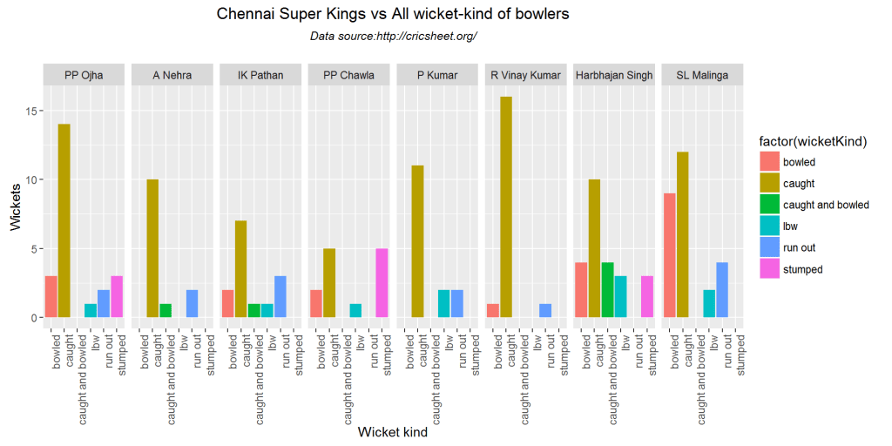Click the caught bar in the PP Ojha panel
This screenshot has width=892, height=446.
64,221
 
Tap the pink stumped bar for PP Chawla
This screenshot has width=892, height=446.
382,283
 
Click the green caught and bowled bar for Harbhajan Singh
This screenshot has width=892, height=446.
607,290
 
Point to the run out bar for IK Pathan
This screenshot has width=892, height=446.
280,297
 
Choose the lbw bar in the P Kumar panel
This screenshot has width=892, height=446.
443,304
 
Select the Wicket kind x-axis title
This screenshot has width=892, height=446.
393,433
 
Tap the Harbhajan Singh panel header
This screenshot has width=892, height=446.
614,75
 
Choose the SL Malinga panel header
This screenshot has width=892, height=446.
702,75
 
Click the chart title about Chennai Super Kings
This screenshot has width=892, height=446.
393,15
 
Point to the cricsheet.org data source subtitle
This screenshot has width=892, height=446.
393,36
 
